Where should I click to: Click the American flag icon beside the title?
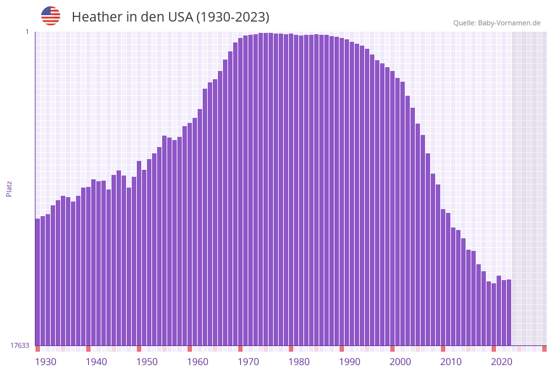pyautogui.click(x=51, y=16)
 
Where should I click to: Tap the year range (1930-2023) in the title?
pyautogui.click(x=232, y=17)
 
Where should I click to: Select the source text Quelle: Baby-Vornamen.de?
pyautogui.click(x=497, y=23)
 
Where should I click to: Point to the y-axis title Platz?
pyautogui.click(x=10, y=188)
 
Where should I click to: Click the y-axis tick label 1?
pyautogui.click(x=27, y=32)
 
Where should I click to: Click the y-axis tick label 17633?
pyautogui.click(x=20, y=345)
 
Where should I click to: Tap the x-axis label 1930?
pyautogui.click(x=45, y=362)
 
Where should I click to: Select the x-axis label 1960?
pyautogui.click(x=198, y=362)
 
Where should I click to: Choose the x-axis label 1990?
pyautogui.click(x=350, y=362)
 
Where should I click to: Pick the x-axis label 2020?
pyautogui.click(x=502, y=362)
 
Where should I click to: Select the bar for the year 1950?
pyautogui.click(x=139, y=253)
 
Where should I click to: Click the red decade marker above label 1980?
pyautogui.click(x=291, y=349)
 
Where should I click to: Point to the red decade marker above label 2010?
pyautogui.click(x=443, y=349)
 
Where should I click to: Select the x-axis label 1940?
pyautogui.click(x=96, y=362)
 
